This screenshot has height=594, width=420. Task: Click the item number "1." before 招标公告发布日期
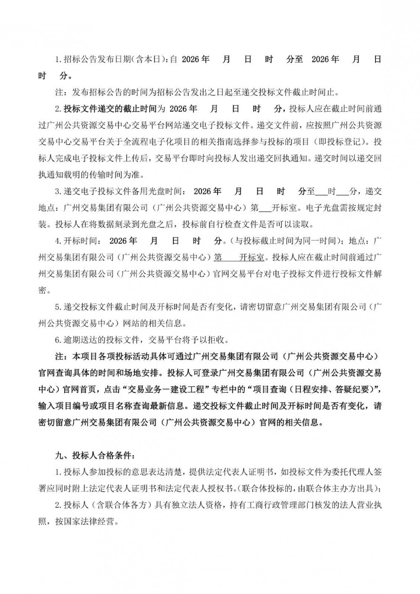pos(59,59)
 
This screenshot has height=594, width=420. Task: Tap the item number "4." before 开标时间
pos(59,241)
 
